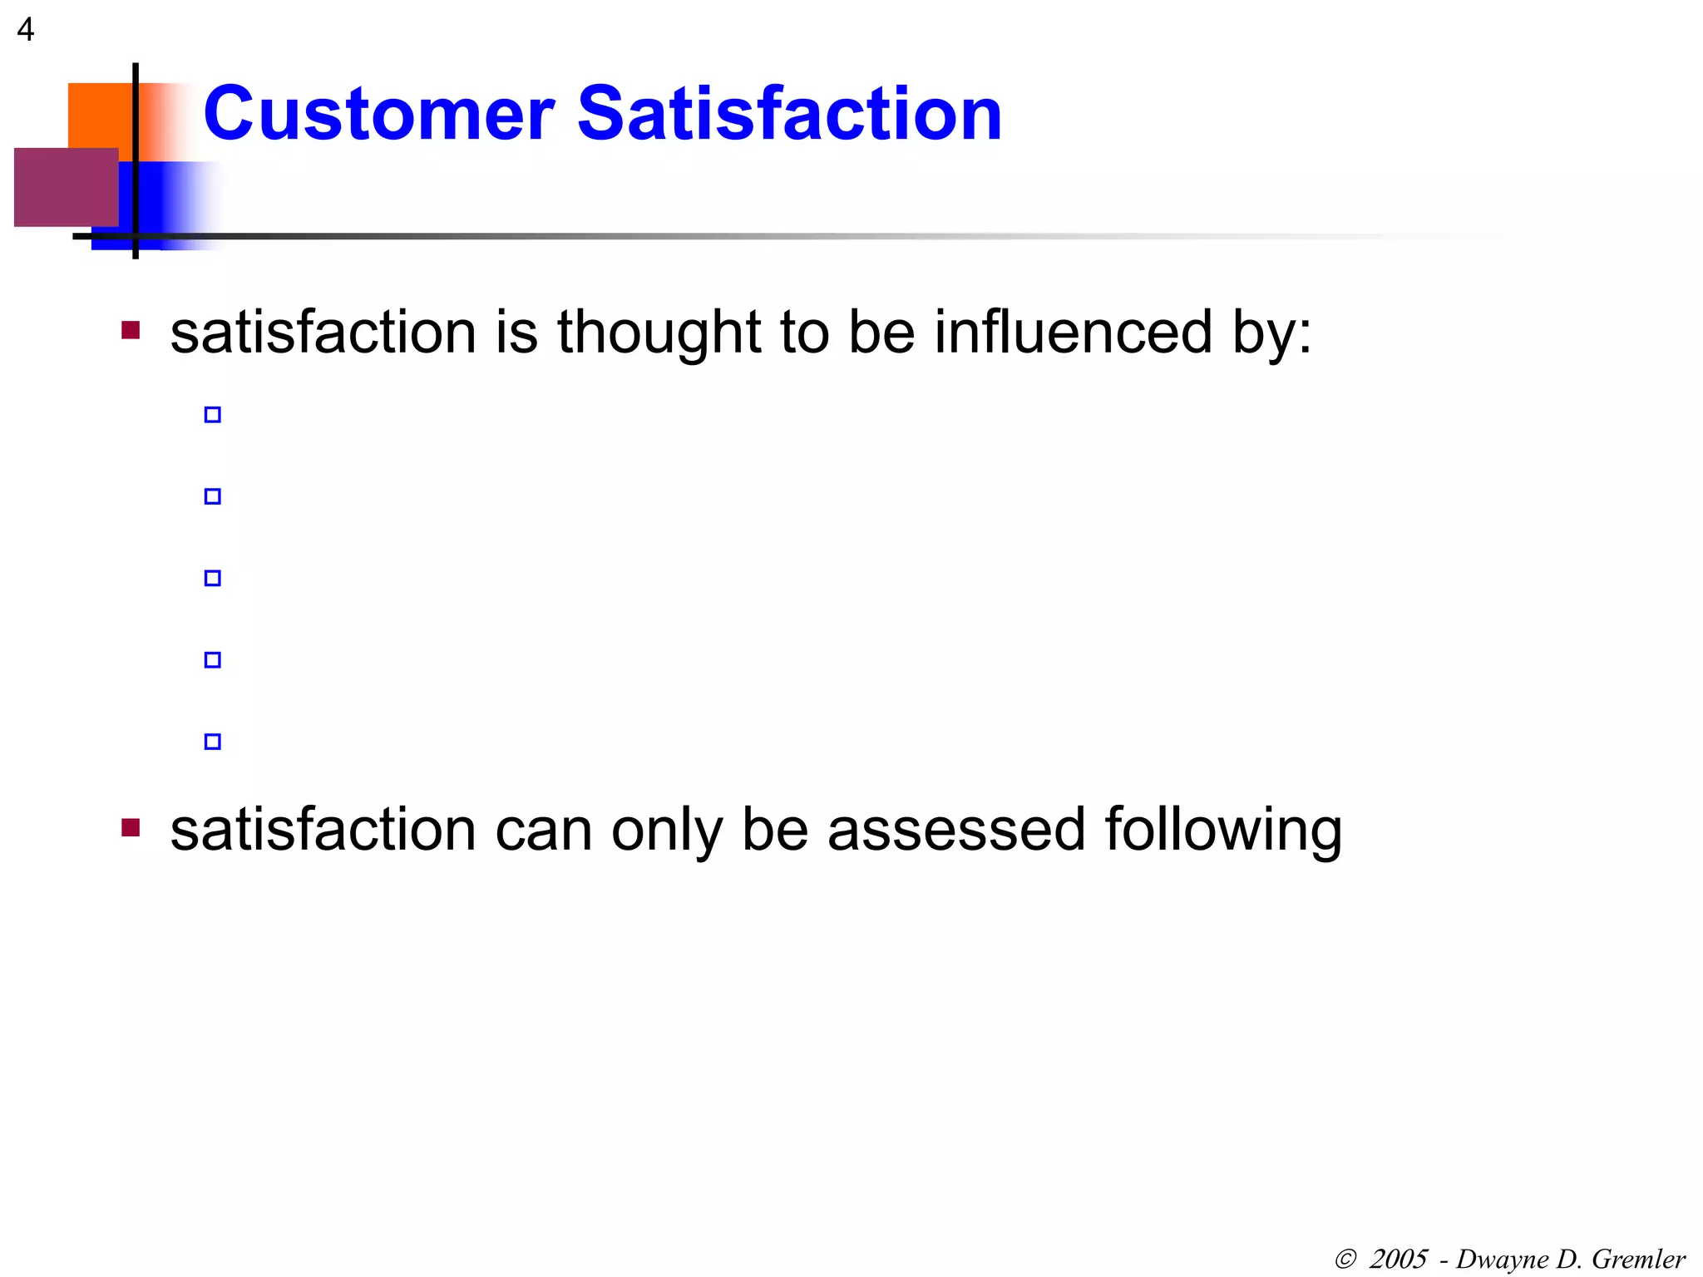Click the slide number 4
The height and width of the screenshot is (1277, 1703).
pos(26,30)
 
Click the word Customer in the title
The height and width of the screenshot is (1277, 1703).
pos(378,114)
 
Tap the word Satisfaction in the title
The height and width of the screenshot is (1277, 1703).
pos(789,114)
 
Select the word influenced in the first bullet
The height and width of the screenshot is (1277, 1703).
pos(1073,332)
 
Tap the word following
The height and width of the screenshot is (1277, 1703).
pos(1223,831)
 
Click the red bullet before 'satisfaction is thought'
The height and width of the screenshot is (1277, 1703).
pos(131,331)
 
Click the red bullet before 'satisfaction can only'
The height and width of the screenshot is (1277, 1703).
pos(131,828)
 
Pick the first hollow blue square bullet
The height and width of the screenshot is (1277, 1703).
pos(213,415)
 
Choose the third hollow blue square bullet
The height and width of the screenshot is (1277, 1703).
pos(213,578)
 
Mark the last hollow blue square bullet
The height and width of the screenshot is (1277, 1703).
pos(213,742)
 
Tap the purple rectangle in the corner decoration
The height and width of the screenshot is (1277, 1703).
pos(66,187)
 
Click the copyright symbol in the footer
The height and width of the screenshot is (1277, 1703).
pos(1345,1260)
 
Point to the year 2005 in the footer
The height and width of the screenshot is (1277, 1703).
pos(1399,1260)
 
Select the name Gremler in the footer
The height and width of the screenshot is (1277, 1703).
pos(1638,1260)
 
